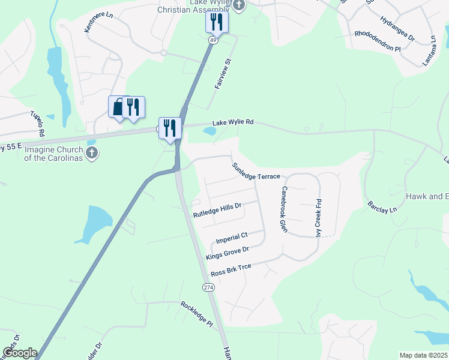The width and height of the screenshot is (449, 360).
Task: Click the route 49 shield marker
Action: pyautogui.click(x=213, y=40)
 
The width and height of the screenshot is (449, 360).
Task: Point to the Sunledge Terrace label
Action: pyautogui.click(x=256, y=171)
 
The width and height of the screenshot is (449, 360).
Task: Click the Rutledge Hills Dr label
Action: pyautogui.click(x=217, y=210)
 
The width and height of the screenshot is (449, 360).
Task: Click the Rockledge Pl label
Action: pyautogui.click(x=197, y=314)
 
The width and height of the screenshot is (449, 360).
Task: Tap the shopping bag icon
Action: pyautogui.click(x=118, y=106)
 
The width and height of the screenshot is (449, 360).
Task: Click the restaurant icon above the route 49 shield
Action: pyautogui.click(x=217, y=23)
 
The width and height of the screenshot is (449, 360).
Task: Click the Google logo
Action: pyautogui.click(x=19, y=353)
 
